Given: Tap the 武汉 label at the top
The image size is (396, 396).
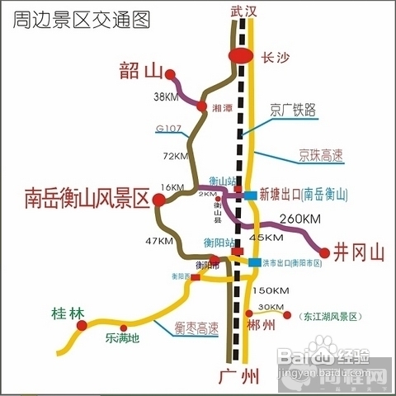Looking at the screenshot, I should coord(244,11).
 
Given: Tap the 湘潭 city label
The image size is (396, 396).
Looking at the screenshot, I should coord(221,108).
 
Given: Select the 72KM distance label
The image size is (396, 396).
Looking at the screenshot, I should coord(176,155).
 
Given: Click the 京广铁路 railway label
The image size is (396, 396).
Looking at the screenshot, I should coord(293,109).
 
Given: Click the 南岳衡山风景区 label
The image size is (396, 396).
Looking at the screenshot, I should coord(85,198).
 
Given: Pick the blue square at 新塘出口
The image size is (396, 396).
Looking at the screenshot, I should coord(249,195).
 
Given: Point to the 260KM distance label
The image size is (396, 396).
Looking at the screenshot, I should coord(299,219).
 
